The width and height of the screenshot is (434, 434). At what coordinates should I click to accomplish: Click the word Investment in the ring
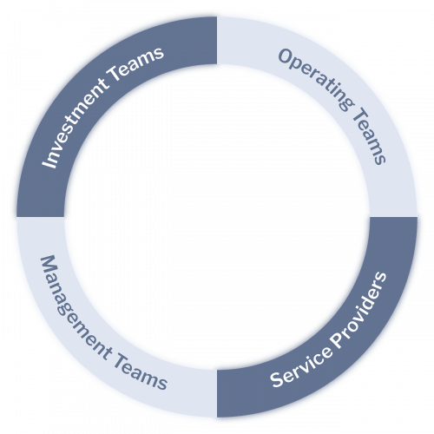(75, 122)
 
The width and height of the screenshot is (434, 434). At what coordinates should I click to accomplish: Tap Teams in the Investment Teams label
(136, 63)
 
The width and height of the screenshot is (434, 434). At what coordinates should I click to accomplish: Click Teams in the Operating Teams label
(369, 136)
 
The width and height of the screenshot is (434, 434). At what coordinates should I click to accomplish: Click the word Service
(301, 365)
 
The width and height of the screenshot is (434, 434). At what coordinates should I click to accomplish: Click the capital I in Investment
(49, 163)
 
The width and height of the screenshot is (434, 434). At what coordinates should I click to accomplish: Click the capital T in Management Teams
(121, 358)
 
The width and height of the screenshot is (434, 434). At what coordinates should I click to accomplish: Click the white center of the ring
(217, 217)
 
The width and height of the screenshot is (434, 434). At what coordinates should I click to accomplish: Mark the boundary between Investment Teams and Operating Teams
(217, 41)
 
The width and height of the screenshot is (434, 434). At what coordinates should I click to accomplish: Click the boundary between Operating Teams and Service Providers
(393, 217)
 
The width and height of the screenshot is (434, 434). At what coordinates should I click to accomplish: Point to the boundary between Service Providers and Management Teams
(217, 393)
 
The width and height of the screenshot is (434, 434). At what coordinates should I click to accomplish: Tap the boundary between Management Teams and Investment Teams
(41, 217)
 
